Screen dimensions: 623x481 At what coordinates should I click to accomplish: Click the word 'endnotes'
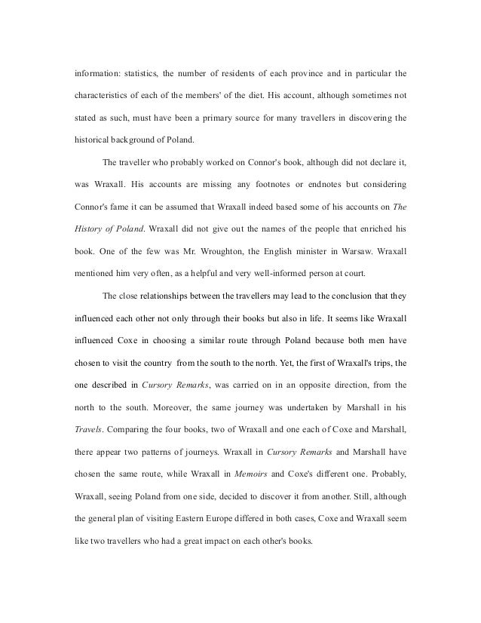[x=335, y=184]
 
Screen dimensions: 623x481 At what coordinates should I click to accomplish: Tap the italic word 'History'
[x=89, y=228]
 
